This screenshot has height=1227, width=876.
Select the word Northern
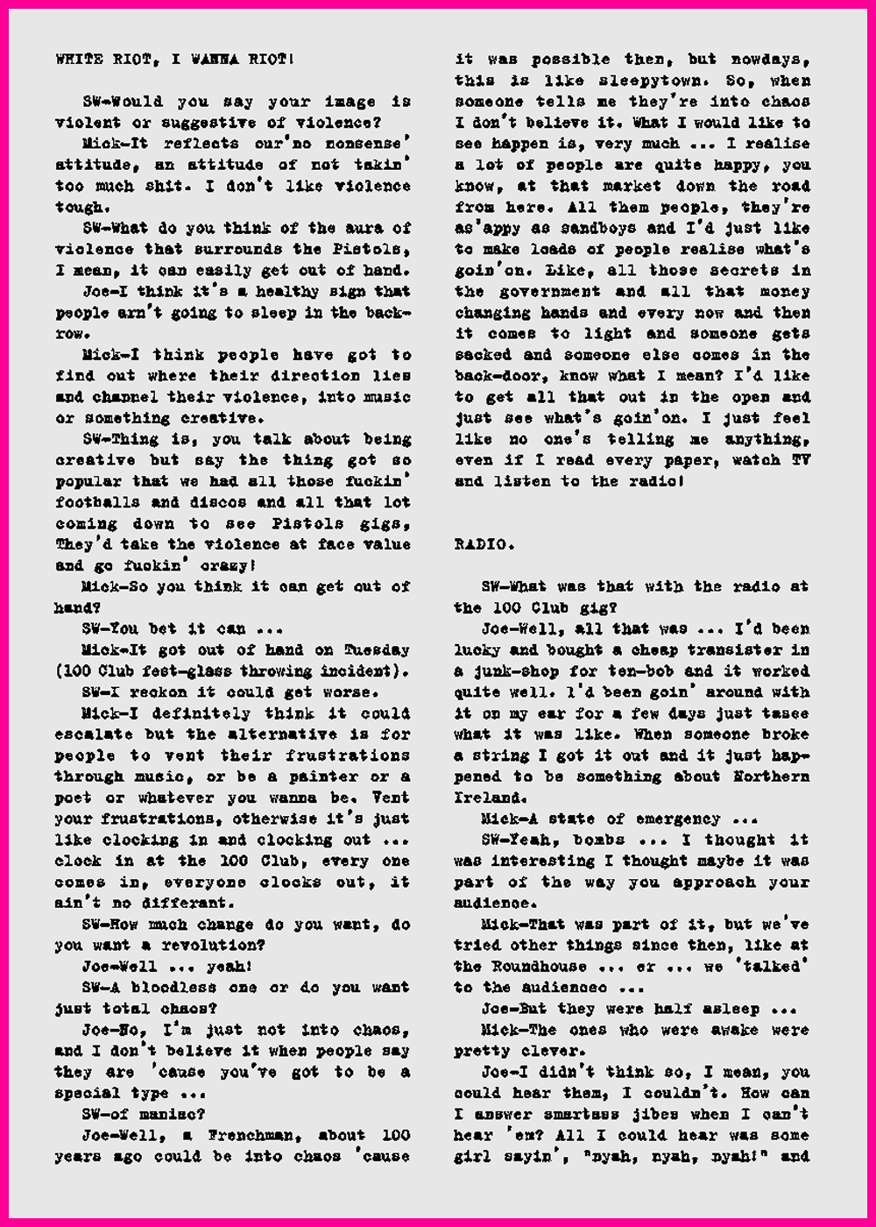pyautogui.click(x=771, y=777)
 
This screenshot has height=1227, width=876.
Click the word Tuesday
pyautogui.click(x=377, y=650)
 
